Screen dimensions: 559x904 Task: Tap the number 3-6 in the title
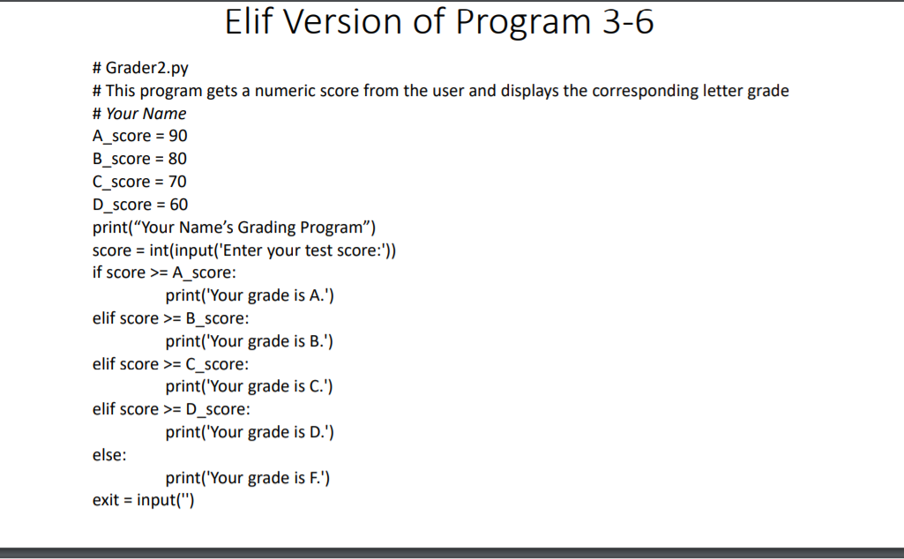(x=627, y=22)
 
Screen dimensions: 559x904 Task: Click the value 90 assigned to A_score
(x=177, y=136)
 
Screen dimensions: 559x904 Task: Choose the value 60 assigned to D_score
(x=177, y=205)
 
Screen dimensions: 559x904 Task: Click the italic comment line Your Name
(x=146, y=114)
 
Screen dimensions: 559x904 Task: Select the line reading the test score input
(x=244, y=250)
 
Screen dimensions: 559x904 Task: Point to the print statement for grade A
(x=250, y=295)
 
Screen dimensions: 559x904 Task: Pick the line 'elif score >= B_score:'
(x=164, y=318)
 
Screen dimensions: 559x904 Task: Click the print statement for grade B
(x=250, y=341)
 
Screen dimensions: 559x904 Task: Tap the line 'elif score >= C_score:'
(x=164, y=364)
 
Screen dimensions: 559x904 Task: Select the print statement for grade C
(x=250, y=386)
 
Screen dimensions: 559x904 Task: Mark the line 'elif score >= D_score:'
(x=165, y=409)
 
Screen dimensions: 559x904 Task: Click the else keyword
(x=109, y=455)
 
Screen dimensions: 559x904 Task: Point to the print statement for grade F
(x=248, y=478)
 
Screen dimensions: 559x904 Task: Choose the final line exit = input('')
(x=143, y=501)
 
